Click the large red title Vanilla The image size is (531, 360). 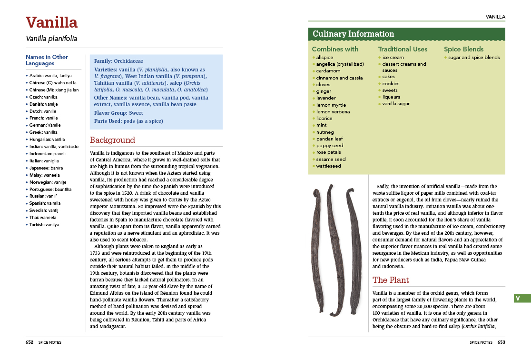(x=51, y=22)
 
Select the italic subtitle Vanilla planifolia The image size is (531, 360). (x=51, y=39)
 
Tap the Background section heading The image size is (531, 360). (x=112, y=140)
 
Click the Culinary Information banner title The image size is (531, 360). (x=353, y=34)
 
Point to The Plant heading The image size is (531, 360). (x=390, y=280)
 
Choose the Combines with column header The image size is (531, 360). (x=335, y=49)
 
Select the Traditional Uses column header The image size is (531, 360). (x=403, y=49)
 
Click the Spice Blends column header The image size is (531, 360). (x=463, y=49)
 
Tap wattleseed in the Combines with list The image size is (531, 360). (x=328, y=166)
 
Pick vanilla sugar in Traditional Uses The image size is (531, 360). (x=396, y=104)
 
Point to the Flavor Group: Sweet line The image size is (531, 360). (x=118, y=113)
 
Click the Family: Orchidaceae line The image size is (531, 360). (x=118, y=61)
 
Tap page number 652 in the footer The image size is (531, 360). (x=29, y=342)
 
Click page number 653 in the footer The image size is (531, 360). (x=501, y=342)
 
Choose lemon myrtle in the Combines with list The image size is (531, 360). (x=331, y=105)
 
